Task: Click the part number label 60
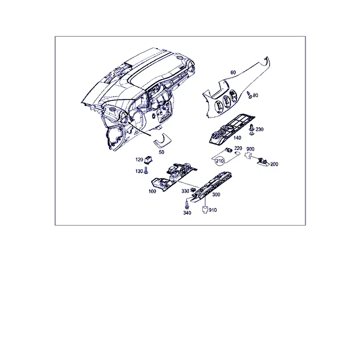[233, 73]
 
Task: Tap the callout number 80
[256, 95]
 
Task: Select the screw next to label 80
[249, 95]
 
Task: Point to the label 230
[259, 130]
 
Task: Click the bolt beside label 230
[252, 130]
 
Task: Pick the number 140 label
[237, 138]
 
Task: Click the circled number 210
[220, 161]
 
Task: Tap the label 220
[238, 149]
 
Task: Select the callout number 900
[250, 149]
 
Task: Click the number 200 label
[274, 164]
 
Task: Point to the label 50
[161, 152]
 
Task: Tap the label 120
[139, 160]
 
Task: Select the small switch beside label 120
[149, 160]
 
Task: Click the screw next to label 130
[146, 171]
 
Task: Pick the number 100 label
[152, 191]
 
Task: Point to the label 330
[185, 191]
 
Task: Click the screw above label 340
[187, 204]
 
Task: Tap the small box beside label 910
[205, 209]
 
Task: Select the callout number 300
[216, 194]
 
